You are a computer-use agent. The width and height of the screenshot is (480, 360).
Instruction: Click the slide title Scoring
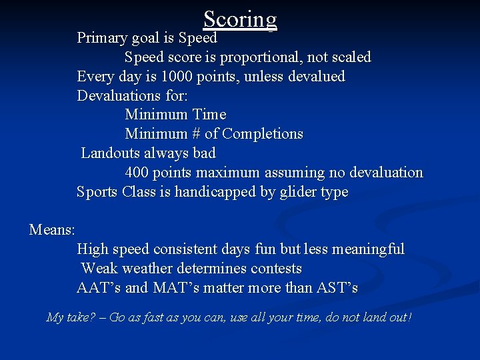[240, 19]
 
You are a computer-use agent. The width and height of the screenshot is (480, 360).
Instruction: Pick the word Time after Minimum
[209, 115]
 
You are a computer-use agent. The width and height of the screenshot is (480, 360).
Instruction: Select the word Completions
[263, 134]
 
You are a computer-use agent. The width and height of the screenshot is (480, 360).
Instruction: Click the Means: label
[52, 230]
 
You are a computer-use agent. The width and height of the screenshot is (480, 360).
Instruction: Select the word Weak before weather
[99, 269]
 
